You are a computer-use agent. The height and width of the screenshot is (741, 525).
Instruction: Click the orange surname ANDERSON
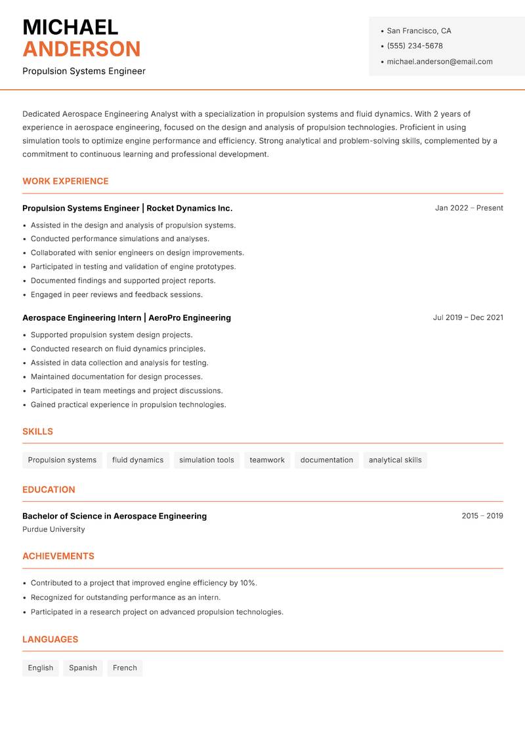pos(81,49)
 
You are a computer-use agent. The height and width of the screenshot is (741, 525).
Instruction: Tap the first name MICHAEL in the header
pos(70,27)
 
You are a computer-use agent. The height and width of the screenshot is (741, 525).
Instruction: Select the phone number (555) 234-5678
pos(414,46)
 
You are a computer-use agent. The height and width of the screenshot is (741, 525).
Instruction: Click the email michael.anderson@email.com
pos(439,62)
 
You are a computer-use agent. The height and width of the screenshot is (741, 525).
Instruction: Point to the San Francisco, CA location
pos(419,31)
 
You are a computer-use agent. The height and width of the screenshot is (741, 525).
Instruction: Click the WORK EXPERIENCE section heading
pos(66,181)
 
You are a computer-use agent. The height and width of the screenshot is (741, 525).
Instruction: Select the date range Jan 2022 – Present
pos(469,208)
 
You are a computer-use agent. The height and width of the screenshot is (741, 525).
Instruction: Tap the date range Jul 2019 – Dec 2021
pos(467,317)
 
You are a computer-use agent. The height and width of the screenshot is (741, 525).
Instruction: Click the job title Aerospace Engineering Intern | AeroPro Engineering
pos(127,317)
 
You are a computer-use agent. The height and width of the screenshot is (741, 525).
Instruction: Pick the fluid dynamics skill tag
pos(138,460)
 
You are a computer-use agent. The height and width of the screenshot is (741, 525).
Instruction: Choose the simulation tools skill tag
pos(206,460)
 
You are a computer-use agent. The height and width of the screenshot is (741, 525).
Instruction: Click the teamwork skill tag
pos(267,460)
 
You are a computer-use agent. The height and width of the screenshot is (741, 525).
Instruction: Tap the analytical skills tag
pos(395,460)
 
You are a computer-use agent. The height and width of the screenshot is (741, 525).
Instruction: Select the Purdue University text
pos(53,529)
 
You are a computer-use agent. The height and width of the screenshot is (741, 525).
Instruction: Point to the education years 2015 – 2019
pos(482,516)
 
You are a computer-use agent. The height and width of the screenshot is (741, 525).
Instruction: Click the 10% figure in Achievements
pos(247,583)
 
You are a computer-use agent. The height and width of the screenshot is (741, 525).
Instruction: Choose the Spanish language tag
pos(83,668)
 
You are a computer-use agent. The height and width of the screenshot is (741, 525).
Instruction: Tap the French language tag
pos(125,668)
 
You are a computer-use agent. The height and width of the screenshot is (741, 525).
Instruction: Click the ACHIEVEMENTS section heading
pos(58,556)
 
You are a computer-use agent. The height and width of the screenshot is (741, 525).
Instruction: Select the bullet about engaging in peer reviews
pos(117,294)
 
